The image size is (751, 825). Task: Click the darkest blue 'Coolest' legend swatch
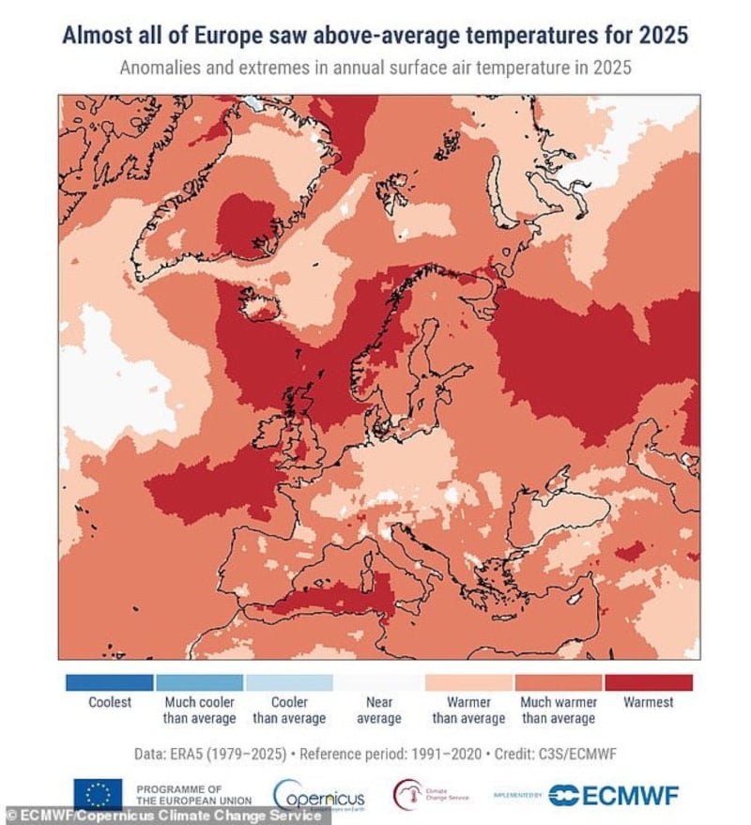pyautogui.click(x=109, y=682)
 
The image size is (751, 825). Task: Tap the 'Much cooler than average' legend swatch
pyautogui.click(x=199, y=682)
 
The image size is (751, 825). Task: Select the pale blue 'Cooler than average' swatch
pyautogui.click(x=289, y=682)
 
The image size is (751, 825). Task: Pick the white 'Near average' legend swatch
pyautogui.click(x=378, y=682)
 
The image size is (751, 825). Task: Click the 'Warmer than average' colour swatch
pyautogui.click(x=468, y=682)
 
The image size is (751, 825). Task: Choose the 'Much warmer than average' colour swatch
pyautogui.click(x=558, y=682)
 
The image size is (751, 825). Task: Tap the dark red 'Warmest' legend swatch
pyautogui.click(x=648, y=682)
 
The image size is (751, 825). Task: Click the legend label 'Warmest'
pyautogui.click(x=648, y=702)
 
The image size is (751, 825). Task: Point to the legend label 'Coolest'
pyautogui.click(x=110, y=702)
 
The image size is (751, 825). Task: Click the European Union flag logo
pyautogui.click(x=98, y=793)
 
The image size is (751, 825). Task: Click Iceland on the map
pyautogui.click(x=261, y=302)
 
